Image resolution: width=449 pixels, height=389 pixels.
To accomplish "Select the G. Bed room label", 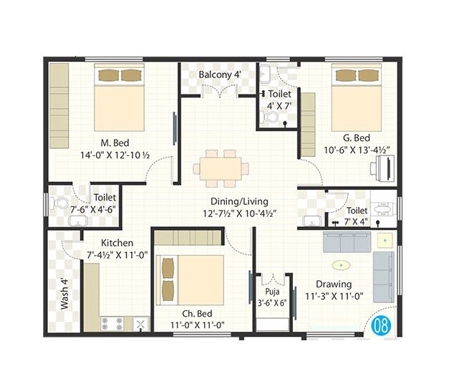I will [x=356, y=138].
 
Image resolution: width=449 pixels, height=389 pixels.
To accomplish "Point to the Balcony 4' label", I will [x=220, y=75].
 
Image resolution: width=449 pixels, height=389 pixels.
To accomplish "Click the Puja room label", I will [x=271, y=292].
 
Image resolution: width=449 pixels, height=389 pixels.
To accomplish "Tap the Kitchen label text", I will [x=117, y=243].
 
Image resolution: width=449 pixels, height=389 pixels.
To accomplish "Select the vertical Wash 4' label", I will [x=64, y=294].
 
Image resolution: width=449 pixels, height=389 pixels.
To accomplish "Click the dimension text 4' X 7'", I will [x=281, y=107].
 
